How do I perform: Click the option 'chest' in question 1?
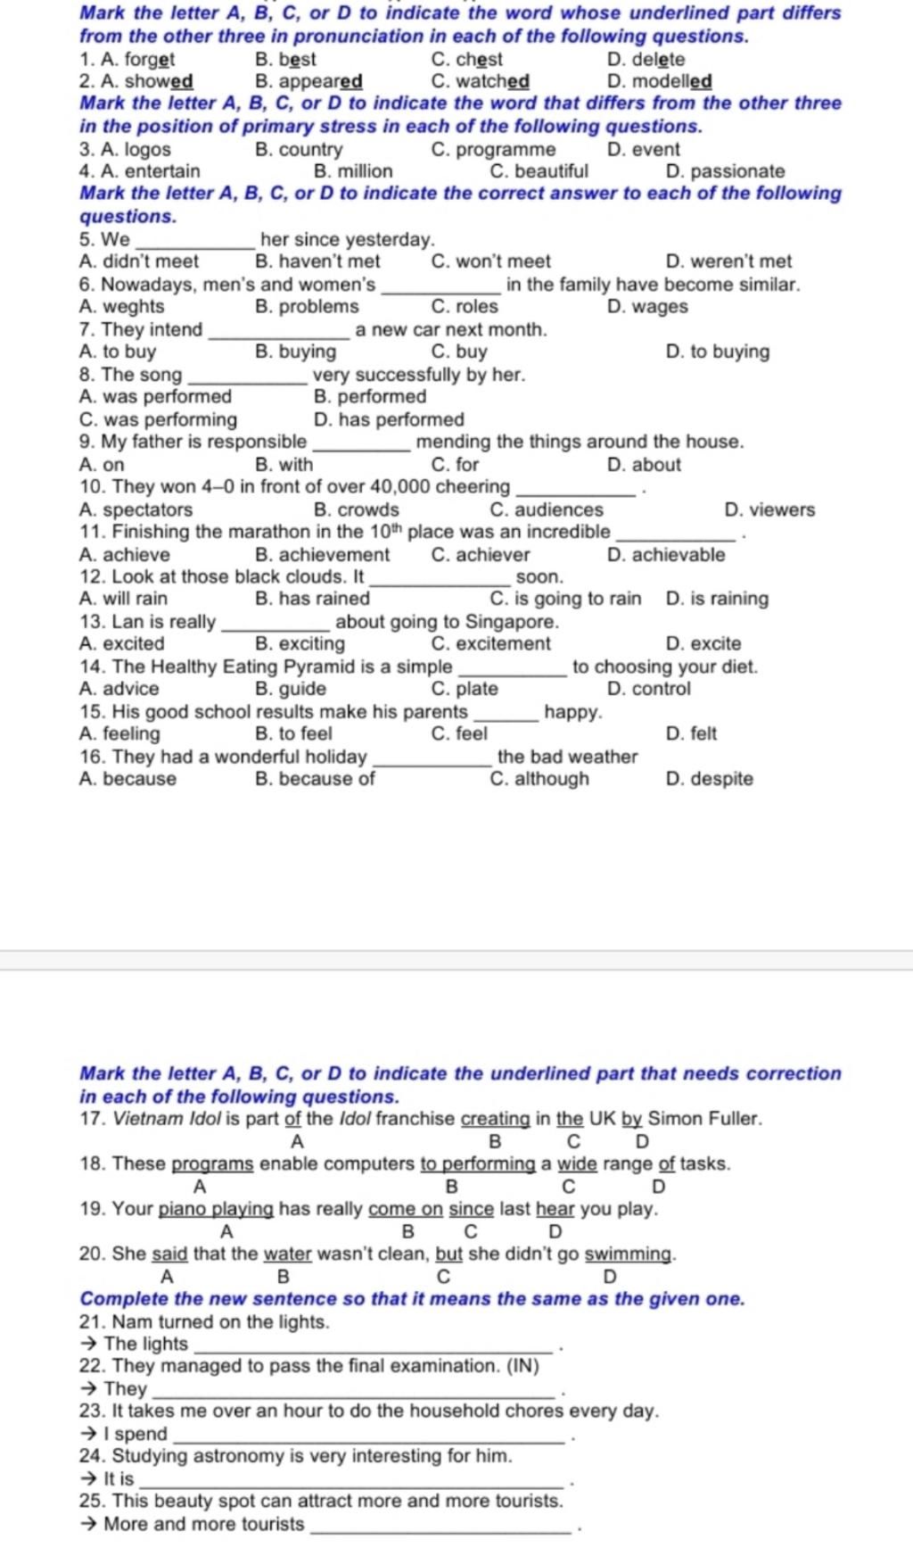(x=479, y=60)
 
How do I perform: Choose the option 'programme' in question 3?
(x=505, y=150)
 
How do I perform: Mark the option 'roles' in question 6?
(x=476, y=306)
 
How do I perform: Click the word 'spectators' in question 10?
(x=147, y=509)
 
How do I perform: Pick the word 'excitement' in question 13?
(x=503, y=643)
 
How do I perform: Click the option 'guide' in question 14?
(x=302, y=689)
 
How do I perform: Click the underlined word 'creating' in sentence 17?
(x=495, y=1119)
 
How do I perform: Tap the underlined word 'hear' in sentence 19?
(x=555, y=1209)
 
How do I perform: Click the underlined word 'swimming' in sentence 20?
(x=628, y=1254)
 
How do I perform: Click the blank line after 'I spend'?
(x=369, y=1436)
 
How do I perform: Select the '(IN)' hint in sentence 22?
(x=522, y=1366)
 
